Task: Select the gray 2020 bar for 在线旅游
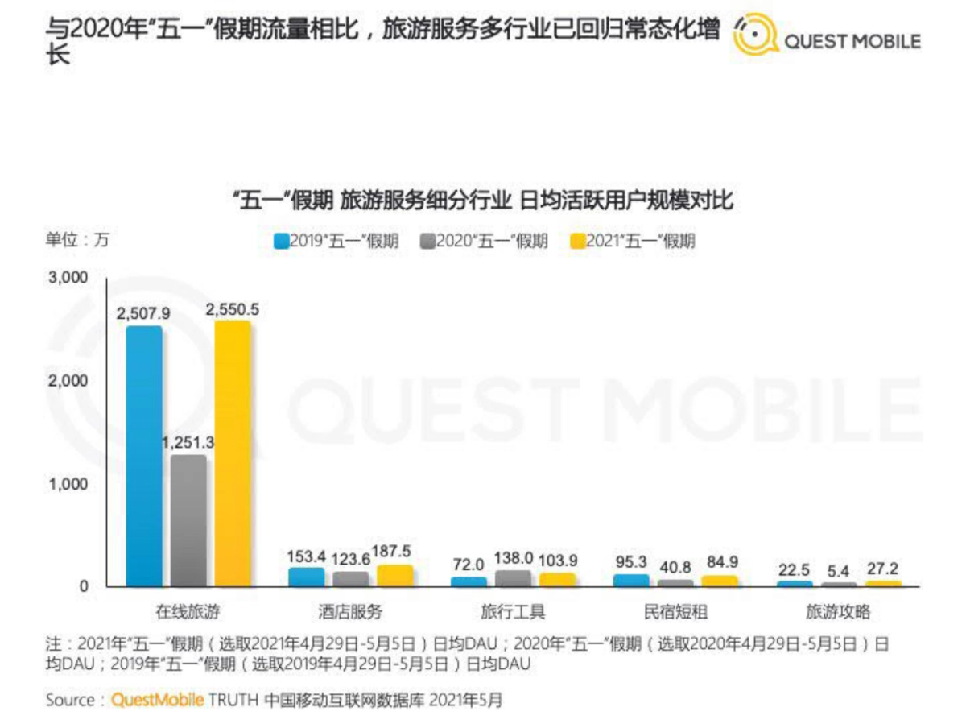tap(188, 520)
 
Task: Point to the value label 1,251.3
tap(188, 443)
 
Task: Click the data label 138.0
tap(514, 556)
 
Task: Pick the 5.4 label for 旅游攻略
tap(840, 569)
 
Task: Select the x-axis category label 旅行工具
tap(514, 613)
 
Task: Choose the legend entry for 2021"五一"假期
tap(631, 241)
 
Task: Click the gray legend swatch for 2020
tap(427, 241)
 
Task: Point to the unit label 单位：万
tap(77, 239)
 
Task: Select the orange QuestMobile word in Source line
tap(158, 700)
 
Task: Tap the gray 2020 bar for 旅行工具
tap(514, 577)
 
